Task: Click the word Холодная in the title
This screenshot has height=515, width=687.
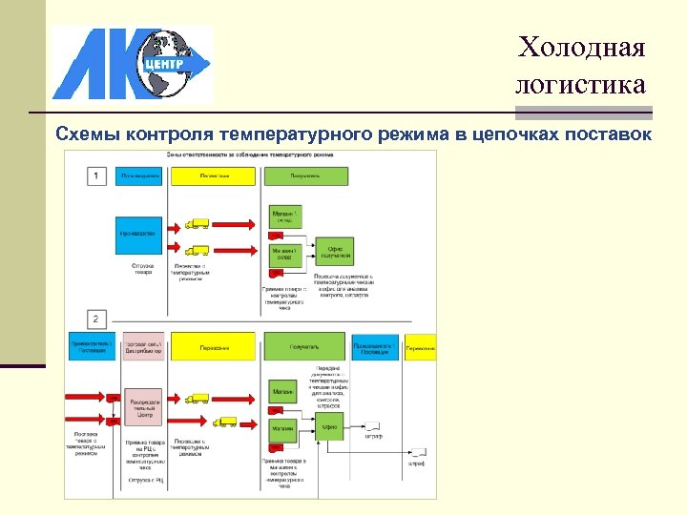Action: pyautogui.click(x=582, y=47)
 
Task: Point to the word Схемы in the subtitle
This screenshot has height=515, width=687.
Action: pyautogui.click(x=88, y=134)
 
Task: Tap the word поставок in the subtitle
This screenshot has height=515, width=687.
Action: pyautogui.click(x=609, y=134)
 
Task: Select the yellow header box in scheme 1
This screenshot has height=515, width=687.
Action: pyautogui.click(x=214, y=175)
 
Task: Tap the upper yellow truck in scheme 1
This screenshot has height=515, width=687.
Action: pyautogui.click(x=198, y=224)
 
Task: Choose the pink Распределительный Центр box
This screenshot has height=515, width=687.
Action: pyautogui.click(x=143, y=407)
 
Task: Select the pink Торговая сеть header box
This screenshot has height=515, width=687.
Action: pyautogui.click(x=143, y=347)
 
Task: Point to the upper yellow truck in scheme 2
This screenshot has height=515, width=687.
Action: pyautogui.click(x=198, y=398)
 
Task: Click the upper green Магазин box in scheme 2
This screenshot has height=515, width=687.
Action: pyautogui.click(x=283, y=391)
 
